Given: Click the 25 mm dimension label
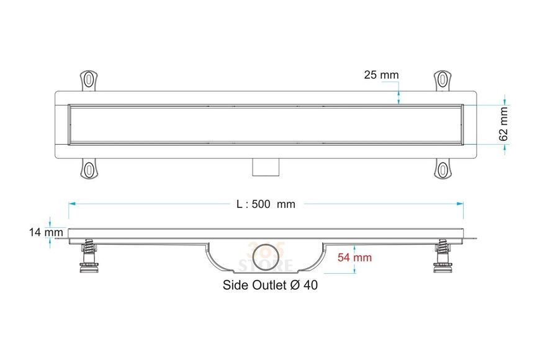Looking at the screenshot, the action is coord(381,74).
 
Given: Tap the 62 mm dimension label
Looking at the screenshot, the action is coord(503,124).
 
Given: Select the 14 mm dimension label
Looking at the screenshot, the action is coord(46,232).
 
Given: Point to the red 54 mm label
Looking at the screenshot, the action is coord(354,258).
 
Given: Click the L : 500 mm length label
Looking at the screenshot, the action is coord(266,204).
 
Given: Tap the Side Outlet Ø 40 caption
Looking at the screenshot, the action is coord(271,285).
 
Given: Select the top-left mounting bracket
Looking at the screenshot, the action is coord(89,81).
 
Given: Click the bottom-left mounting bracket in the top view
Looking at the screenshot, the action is coord(89,169).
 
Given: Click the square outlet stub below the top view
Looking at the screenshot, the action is coord(266,168).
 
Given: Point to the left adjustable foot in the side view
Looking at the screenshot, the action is coord(89,258).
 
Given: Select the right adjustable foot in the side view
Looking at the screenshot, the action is coord(443,258).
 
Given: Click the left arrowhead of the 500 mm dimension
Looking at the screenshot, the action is coord(71,204).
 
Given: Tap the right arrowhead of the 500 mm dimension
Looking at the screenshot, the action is coord(460,204).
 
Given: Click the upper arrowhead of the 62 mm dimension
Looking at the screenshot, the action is coord(505,101).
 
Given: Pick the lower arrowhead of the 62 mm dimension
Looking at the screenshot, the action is coord(505,147).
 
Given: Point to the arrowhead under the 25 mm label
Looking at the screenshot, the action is coord(398,101).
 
